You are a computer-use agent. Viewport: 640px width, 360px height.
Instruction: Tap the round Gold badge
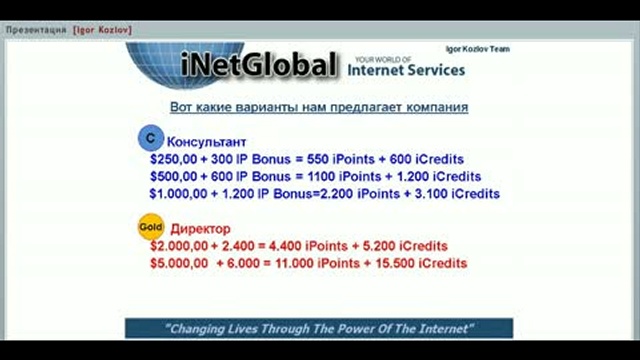pos(149,228)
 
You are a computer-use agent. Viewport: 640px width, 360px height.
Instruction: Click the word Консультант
pos(206,142)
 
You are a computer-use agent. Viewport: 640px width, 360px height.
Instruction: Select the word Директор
pos(201,228)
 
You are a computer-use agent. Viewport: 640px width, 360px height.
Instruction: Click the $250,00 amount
pos(172,159)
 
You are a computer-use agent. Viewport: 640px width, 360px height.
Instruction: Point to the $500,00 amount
pos(172,176)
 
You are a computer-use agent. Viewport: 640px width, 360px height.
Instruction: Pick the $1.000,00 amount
pos(176,194)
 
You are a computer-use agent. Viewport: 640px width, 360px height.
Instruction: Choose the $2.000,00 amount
pos(178,246)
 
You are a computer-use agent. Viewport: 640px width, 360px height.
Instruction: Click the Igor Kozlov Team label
pos(478,49)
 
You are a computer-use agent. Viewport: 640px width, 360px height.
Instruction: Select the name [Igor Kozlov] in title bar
pos(102,30)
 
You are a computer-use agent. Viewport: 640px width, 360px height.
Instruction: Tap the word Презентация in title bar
pos(37,30)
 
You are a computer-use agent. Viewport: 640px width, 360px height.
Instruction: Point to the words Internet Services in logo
pos(407,71)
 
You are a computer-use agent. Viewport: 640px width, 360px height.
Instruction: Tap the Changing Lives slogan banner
pos(319,328)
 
